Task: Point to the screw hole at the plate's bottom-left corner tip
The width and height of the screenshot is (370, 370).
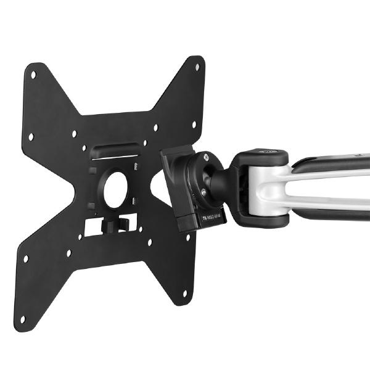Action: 23,319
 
